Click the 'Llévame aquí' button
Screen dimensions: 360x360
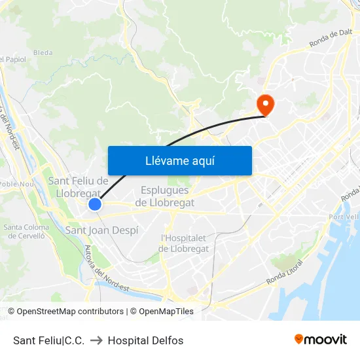point(179,160)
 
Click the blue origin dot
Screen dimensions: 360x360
point(95,205)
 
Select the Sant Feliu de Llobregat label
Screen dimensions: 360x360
point(78,187)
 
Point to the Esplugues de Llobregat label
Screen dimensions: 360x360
point(164,196)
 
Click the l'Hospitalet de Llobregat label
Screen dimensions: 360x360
point(184,243)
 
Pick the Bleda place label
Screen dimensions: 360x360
point(43,52)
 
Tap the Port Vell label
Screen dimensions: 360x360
point(344,217)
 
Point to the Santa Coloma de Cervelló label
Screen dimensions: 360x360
point(26,232)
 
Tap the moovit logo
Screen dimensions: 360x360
point(320,340)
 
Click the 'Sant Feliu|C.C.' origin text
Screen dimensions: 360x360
point(48,340)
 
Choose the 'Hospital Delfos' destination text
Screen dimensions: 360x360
point(145,340)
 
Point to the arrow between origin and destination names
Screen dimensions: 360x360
point(96,340)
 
